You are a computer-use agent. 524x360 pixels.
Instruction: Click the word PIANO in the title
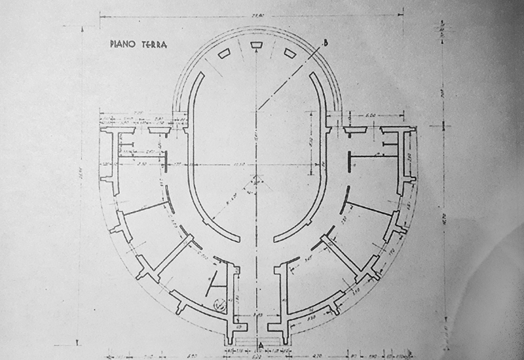pos(123,45)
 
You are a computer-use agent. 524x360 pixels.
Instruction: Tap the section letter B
pos(326,44)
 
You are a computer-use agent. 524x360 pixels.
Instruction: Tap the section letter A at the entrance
pos(260,344)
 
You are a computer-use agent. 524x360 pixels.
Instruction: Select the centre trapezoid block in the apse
pos(255,45)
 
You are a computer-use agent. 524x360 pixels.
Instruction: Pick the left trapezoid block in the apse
pos(223,53)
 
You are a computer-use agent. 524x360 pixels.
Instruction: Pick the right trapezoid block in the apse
pos(288,53)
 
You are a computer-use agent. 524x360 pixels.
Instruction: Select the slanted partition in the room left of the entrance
pos(214,281)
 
